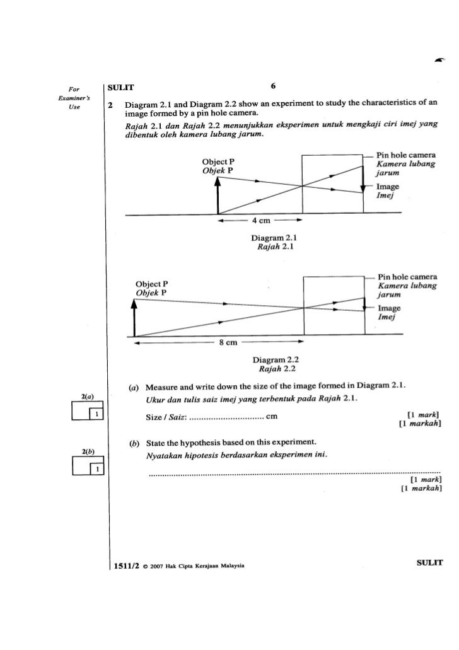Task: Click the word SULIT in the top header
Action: pyautogui.click(x=120, y=86)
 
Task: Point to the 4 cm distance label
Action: pyautogui.click(x=257, y=222)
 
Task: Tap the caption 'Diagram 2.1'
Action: pyautogui.click(x=269, y=239)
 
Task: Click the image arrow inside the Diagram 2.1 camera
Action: pyautogui.click(x=363, y=180)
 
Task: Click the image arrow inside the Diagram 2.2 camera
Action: pyautogui.click(x=364, y=306)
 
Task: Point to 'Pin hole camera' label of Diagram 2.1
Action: pyautogui.click(x=406, y=155)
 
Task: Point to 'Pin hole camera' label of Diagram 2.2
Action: pyautogui.click(x=407, y=277)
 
